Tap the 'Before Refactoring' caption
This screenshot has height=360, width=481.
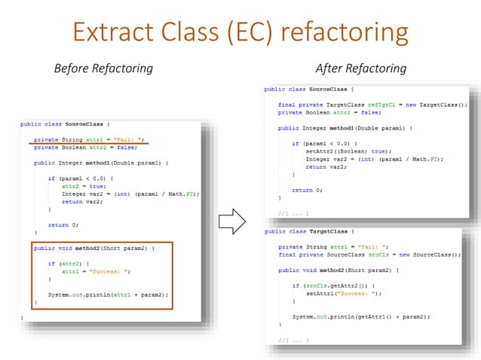point(103,69)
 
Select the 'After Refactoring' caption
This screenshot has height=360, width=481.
point(360,69)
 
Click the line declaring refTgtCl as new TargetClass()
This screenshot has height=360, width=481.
point(372,104)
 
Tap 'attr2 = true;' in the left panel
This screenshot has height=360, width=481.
point(79,186)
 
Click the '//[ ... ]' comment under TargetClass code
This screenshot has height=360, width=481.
point(293,340)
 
